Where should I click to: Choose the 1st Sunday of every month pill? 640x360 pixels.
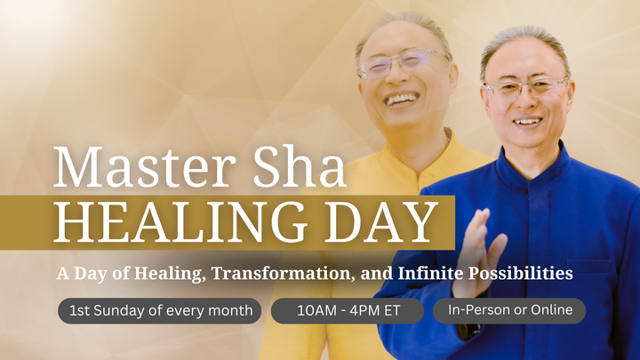tap(160, 311)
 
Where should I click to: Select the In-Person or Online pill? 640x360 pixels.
tap(509, 310)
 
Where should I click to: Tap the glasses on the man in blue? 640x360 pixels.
tap(526, 88)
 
